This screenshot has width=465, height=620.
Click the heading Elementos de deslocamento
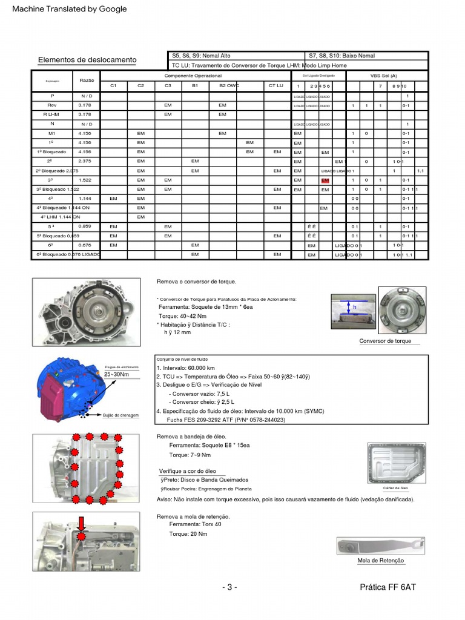87,60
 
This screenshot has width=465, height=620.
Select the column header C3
168,86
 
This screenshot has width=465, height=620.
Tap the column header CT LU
275,86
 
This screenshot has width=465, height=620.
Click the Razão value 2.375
85,162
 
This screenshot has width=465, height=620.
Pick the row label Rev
52,105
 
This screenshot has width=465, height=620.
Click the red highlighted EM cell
325,180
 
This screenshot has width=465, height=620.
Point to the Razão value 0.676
85,245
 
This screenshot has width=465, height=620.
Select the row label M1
52,133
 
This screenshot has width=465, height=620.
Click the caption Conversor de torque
385,341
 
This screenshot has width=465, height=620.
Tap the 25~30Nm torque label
116,375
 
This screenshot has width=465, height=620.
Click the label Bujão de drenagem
122,415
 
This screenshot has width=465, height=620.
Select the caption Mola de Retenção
381,561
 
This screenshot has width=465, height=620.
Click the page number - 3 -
229,587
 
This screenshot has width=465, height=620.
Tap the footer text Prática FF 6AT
387,587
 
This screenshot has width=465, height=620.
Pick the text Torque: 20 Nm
188,534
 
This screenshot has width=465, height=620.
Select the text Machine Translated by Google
70,8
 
